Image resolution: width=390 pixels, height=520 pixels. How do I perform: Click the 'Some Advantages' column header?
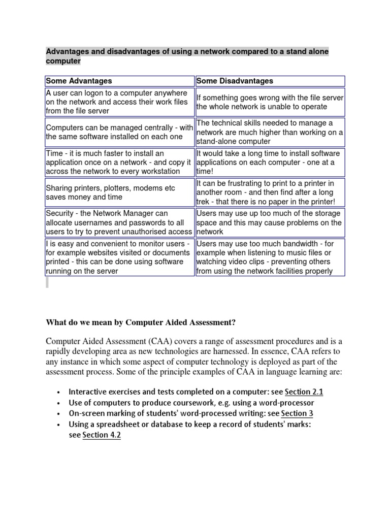(x=79, y=81)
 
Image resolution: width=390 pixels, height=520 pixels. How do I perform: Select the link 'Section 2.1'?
(x=304, y=392)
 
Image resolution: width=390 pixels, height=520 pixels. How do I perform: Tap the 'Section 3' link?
(x=298, y=413)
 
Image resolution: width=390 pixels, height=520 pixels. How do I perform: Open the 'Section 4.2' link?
(x=102, y=435)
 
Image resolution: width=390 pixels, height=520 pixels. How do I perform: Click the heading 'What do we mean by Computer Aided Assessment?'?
(x=141, y=322)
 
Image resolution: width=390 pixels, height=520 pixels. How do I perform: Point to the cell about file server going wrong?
(x=270, y=102)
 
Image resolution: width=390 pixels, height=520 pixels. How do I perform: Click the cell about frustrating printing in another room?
(x=270, y=192)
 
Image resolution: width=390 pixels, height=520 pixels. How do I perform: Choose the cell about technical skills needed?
(x=270, y=132)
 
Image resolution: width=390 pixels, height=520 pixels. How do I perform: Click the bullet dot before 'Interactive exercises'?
(x=59, y=392)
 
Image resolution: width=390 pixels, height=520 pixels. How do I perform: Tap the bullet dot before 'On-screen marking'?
(x=59, y=414)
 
